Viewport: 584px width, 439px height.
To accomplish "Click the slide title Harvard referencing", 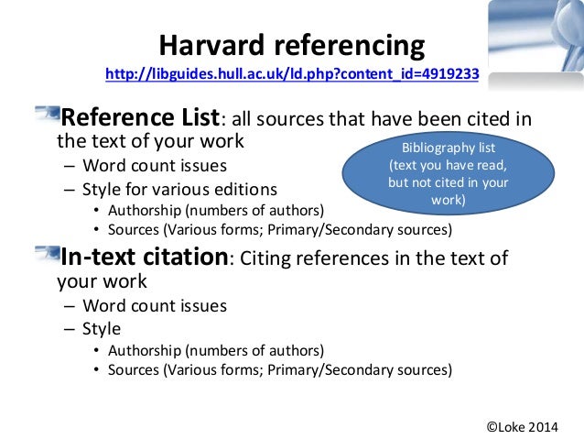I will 292,45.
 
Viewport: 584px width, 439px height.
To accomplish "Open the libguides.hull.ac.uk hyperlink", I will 292,74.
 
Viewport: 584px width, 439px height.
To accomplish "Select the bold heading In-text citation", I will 143,257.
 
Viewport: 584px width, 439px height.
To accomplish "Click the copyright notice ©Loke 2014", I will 533,424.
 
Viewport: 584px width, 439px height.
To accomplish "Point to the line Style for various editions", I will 179,191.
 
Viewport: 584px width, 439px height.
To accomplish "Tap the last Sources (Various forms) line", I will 279,370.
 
